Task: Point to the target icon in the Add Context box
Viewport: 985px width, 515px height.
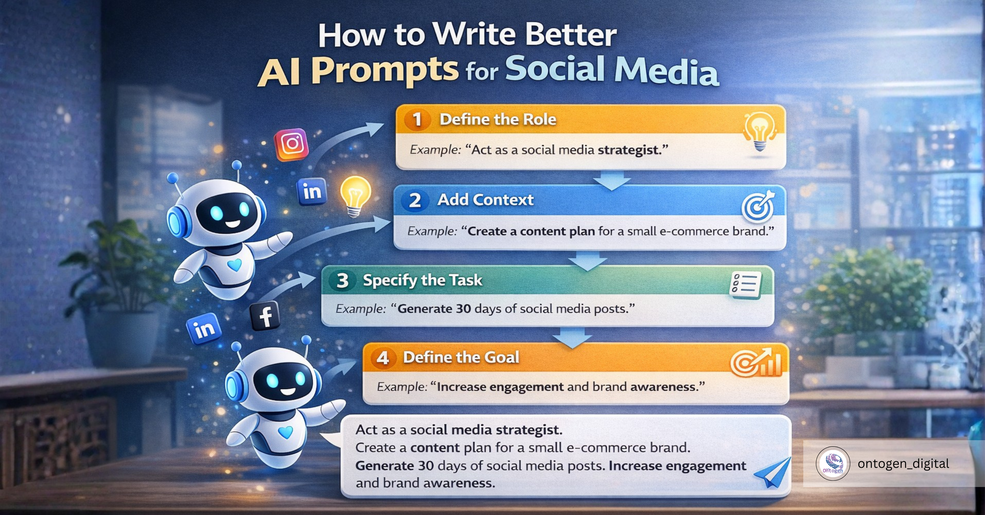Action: [x=758, y=207]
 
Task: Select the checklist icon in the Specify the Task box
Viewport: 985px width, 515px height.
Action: [x=745, y=285]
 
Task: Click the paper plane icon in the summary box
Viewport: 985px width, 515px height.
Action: [x=773, y=472]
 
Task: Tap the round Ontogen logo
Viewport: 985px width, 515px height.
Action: [x=833, y=463]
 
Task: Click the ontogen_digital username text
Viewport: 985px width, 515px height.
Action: [x=903, y=464]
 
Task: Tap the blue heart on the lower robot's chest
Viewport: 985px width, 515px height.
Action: [x=285, y=432]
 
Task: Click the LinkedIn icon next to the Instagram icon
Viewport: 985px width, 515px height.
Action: [x=312, y=191]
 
